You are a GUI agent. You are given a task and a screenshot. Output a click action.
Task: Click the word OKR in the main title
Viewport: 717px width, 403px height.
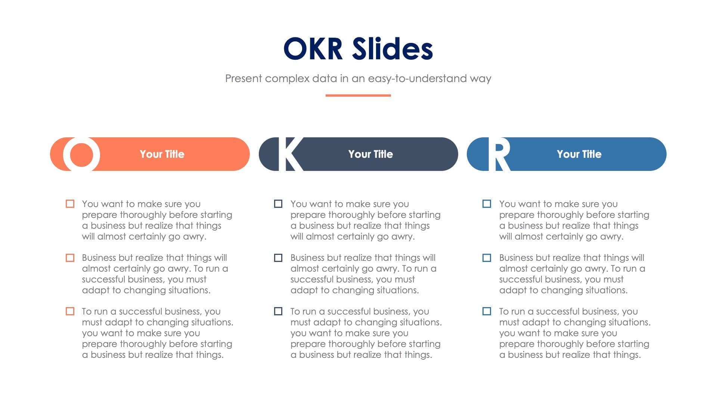313,49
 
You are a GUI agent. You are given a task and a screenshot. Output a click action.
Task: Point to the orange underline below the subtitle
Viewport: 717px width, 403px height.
358,96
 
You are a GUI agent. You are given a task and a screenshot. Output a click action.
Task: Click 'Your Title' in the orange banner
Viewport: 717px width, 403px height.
162,154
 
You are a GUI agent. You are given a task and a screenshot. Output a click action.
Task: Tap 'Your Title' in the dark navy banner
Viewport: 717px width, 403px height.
370,154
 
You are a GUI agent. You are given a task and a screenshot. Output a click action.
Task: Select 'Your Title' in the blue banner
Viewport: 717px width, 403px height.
579,154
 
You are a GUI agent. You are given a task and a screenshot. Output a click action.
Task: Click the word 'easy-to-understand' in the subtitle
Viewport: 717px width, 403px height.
417,79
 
